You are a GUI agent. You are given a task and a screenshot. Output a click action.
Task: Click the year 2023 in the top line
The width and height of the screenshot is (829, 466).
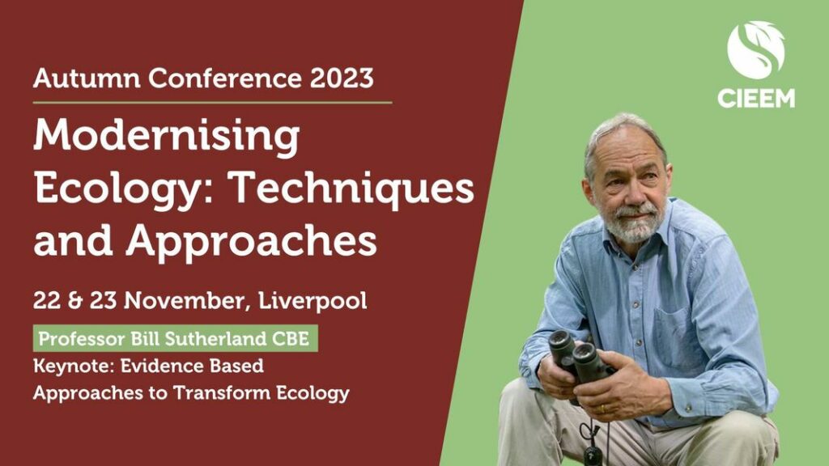coord(342,78)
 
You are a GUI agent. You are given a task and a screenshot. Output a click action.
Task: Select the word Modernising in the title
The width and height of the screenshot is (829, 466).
coord(167,137)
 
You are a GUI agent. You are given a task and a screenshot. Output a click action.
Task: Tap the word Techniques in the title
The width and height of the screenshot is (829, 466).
coord(352,189)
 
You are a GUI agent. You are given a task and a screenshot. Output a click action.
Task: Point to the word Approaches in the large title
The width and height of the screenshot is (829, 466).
coord(251,242)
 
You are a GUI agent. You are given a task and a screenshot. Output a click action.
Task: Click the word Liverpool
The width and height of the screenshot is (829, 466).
coord(312,301)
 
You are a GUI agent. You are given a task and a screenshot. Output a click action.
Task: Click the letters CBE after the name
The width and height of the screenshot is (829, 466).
coord(291,339)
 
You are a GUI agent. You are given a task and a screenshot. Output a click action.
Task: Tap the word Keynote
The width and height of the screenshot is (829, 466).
coord(74,366)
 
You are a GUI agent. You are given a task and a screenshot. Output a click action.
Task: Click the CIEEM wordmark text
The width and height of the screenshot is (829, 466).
coord(756,98)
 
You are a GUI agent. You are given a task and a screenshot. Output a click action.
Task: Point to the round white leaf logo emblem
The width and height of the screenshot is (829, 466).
coord(755,49)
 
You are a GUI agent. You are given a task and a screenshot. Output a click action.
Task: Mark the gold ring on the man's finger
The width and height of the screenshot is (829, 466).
coord(602,409)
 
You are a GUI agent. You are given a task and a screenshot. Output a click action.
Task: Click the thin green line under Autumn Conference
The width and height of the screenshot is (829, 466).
coord(213,103)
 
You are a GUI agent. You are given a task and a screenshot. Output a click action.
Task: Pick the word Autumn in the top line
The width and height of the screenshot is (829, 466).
coord(87,78)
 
